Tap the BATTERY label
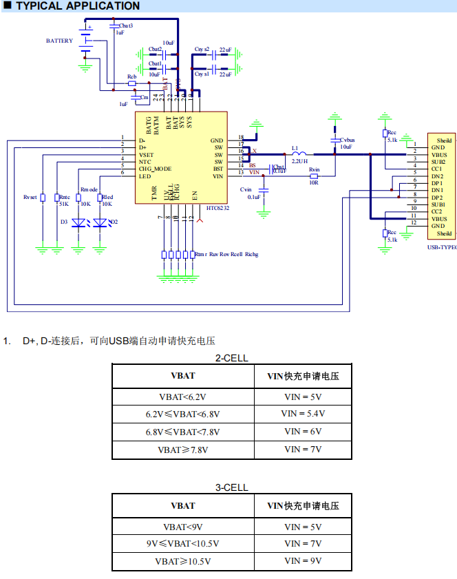click(x=59, y=41)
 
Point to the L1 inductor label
click(x=295, y=147)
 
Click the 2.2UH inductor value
click(x=299, y=160)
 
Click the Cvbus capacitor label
click(x=348, y=139)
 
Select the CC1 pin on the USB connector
click(x=437, y=169)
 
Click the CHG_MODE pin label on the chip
click(x=155, y=169)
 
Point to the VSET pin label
click(x=146, y=154)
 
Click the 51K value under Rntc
click(x=63, y=204)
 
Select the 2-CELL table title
click(x=231, y=358)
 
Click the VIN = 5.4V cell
click(x=303, y=414)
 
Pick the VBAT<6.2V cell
click(x=183, y=397)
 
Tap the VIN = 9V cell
click(x=303, y=561)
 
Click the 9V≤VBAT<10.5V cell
click(x=183, y=544)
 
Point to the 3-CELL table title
click(x=231, y=487)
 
